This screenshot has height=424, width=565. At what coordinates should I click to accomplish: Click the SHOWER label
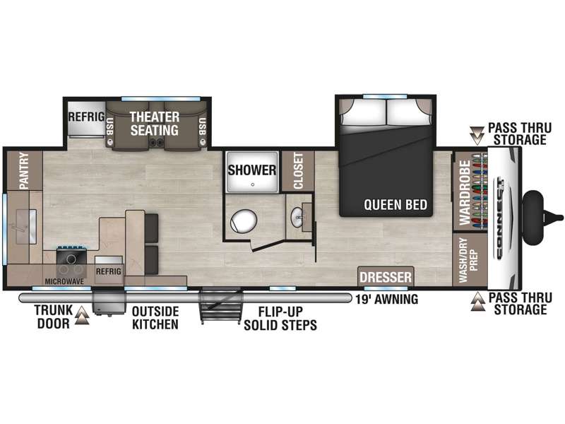tap(251, 170)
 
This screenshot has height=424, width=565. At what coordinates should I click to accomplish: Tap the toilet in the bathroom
tap(244, 220)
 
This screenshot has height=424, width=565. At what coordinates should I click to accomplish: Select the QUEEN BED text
tap(395, 205)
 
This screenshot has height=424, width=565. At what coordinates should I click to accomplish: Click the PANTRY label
tap(24, 170)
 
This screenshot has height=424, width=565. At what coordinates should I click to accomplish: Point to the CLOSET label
tap(298, 170)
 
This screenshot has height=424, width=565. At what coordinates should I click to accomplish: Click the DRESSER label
tap(386, 277)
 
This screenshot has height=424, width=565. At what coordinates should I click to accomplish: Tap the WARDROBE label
tap(465, 192)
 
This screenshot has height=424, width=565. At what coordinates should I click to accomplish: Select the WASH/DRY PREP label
tap(468, 260)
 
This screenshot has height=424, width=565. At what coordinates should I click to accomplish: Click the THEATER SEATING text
tap(154, 123)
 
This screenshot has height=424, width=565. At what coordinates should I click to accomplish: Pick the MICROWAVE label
tap(64, 281)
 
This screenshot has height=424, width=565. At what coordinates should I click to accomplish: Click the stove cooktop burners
tap(71, 264)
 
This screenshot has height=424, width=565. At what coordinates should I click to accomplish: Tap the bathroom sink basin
tap(297, 218)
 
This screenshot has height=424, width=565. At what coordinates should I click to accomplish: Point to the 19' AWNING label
tap(386, 299)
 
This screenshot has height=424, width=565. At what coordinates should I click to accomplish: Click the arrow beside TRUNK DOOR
tap(82, 316)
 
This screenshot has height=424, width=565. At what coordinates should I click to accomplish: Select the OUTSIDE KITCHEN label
tap(155, 317)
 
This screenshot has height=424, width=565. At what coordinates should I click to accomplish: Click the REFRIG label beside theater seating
tap(86, 117)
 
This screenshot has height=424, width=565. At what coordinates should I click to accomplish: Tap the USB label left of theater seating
tap(110, 126)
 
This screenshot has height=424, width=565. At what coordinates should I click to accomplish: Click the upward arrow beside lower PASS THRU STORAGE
tap(478, 302)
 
